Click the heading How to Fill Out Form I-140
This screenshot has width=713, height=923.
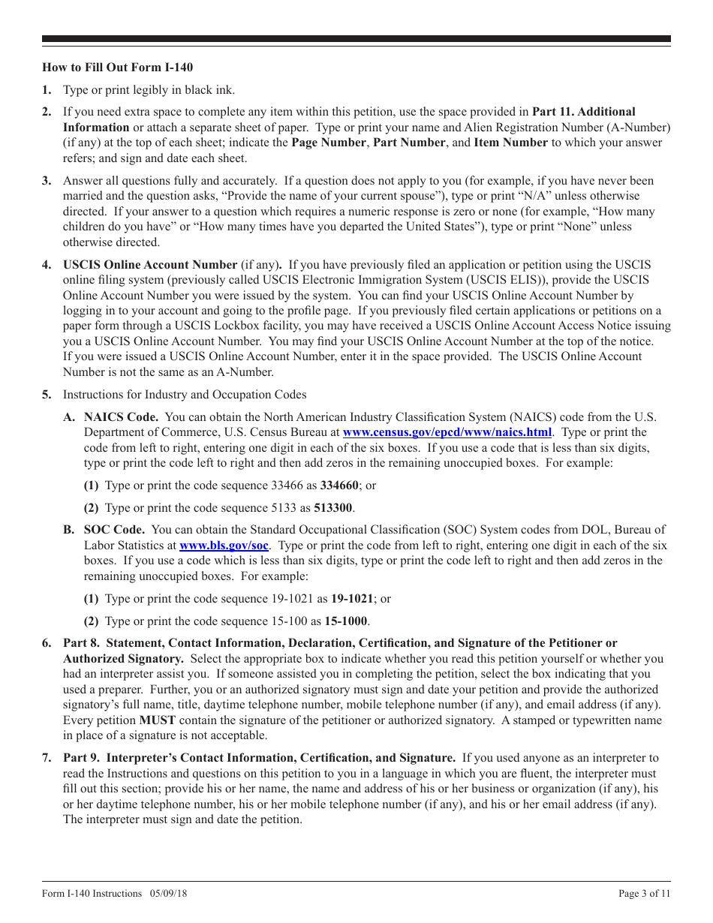click(117, 68)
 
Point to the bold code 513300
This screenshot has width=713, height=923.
click(331, 508)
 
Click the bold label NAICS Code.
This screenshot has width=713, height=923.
click(121, 417)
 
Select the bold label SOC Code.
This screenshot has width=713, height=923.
click(115, 531)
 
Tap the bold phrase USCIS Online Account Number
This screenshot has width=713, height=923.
click(150, 265)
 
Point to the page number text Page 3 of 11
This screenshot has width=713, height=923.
click(644, 894)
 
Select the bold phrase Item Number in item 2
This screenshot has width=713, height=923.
click(510, 143)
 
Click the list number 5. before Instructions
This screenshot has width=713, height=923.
click(47, 395)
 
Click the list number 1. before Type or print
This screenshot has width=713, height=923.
click(47, 90)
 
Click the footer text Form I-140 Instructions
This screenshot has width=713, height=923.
click(92, 894)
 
